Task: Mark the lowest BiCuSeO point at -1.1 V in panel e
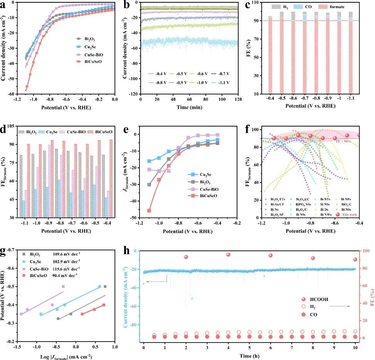149,210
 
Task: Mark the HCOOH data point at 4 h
228,255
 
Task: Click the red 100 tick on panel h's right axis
364,251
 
